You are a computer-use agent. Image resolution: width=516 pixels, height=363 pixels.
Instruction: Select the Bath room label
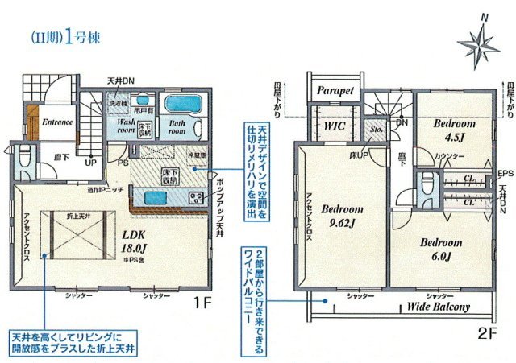tap(177, 127)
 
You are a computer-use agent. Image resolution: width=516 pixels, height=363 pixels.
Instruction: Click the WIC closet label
tap(335, 126)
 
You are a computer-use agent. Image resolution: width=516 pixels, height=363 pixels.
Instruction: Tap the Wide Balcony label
tap(438, 307)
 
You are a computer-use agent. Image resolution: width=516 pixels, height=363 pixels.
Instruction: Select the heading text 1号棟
tap(81, 36)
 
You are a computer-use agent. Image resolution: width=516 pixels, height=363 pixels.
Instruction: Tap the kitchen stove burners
tap(195, 197)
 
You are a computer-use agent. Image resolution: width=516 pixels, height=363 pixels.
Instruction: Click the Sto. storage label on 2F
tap(376, 128)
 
